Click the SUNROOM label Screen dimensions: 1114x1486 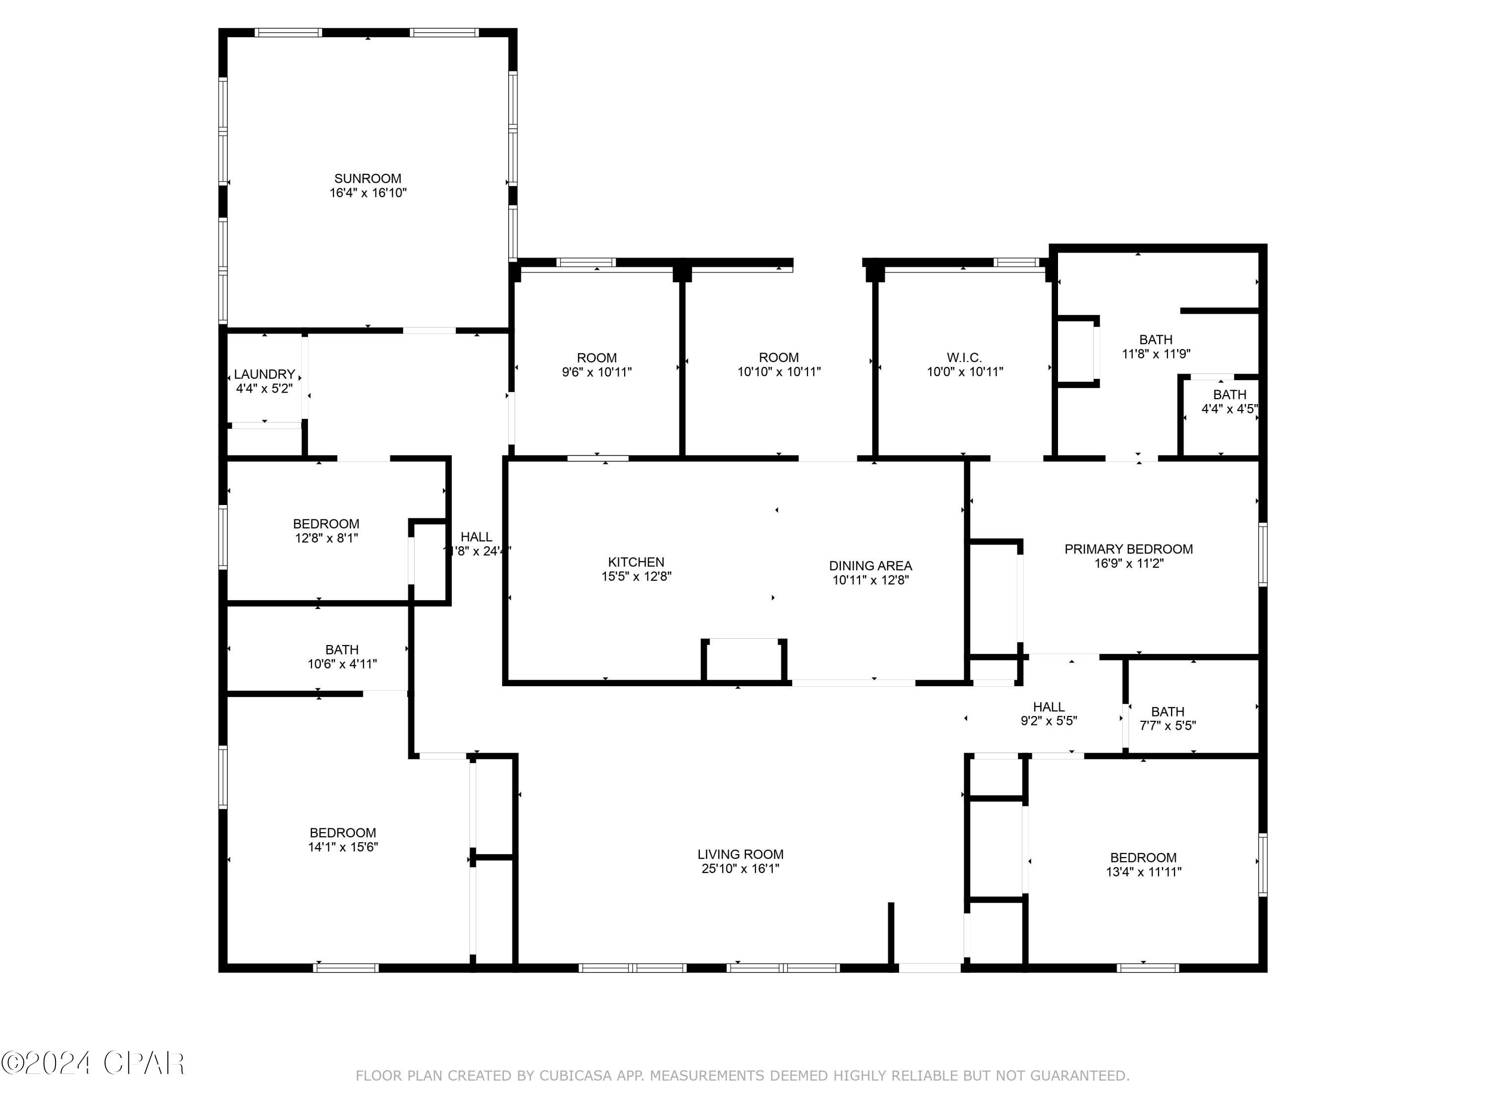pos(368,179)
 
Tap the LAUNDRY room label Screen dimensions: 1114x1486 pos(264,374)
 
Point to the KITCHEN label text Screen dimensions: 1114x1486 pos(636,562)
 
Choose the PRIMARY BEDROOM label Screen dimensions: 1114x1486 pos(1128,549)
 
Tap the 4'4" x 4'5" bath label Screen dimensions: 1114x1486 pos(1229,402)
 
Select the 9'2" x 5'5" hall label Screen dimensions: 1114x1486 pos(1048,714)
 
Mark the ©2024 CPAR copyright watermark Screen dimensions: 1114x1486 pos(93,1063)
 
